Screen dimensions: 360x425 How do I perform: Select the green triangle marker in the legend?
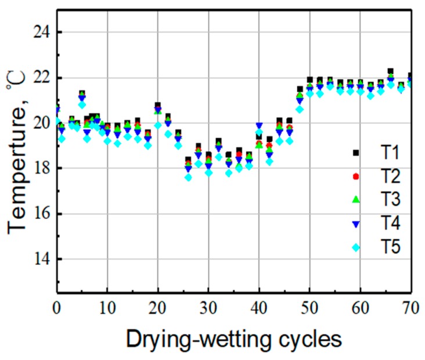point(356,200)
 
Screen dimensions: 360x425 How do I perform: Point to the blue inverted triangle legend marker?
point(356,224)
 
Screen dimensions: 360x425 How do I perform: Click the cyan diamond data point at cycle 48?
point(300,109)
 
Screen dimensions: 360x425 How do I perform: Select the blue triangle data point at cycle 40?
point(259,125)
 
